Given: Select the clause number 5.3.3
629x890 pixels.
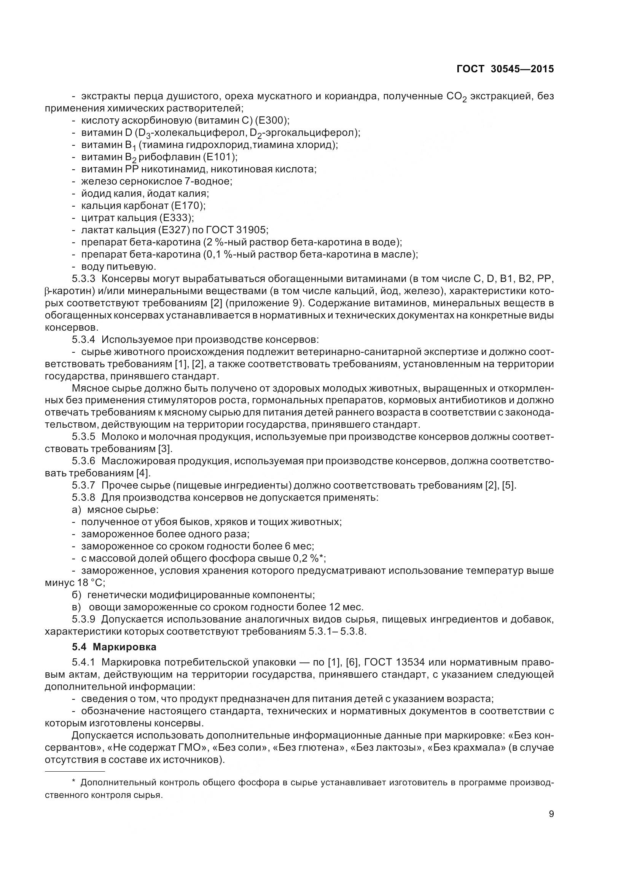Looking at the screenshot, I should click(83, 279).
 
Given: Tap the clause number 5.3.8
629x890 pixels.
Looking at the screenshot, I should click(83, 497).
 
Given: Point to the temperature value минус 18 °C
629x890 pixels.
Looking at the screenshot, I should click(75, 583).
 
